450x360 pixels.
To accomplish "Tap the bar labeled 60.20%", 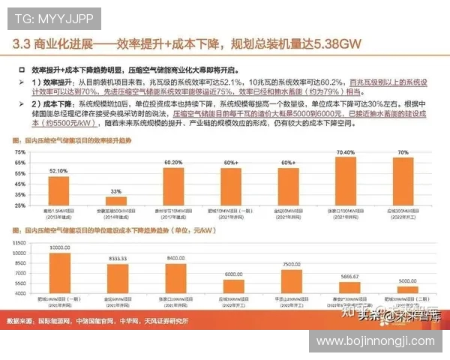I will click(x=173, y=186).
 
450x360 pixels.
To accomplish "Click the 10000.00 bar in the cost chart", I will click(x=59, y=274).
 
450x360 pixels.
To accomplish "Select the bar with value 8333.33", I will click(x=117, y=280).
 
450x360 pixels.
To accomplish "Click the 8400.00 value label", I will click(x=175, y=257).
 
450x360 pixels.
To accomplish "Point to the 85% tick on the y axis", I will click(x=19, y=145).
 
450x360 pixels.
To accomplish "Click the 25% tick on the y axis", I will click(x=19, y=205).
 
